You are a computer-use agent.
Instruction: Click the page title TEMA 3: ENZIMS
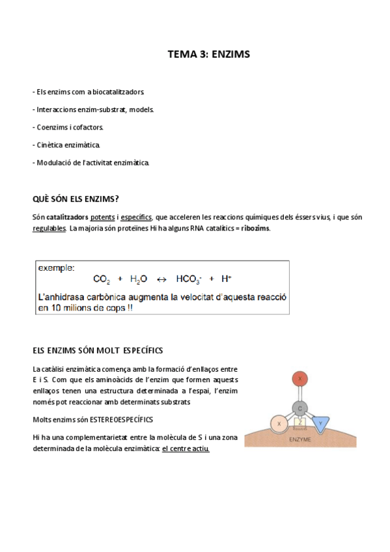coord(208,55)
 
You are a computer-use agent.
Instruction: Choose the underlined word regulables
coord(49,228)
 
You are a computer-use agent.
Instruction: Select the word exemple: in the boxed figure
coord(56,268)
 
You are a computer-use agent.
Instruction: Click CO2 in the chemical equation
coord(102,279)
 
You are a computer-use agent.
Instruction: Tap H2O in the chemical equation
coord(139,279)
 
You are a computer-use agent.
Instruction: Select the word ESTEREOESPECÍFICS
coord(122,420)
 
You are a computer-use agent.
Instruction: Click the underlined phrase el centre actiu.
coord(186,449)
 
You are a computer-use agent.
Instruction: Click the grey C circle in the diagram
coord(299,408)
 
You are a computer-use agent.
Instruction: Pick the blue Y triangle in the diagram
coord(320,423)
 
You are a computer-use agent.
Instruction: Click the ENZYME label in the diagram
coord(300,439)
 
